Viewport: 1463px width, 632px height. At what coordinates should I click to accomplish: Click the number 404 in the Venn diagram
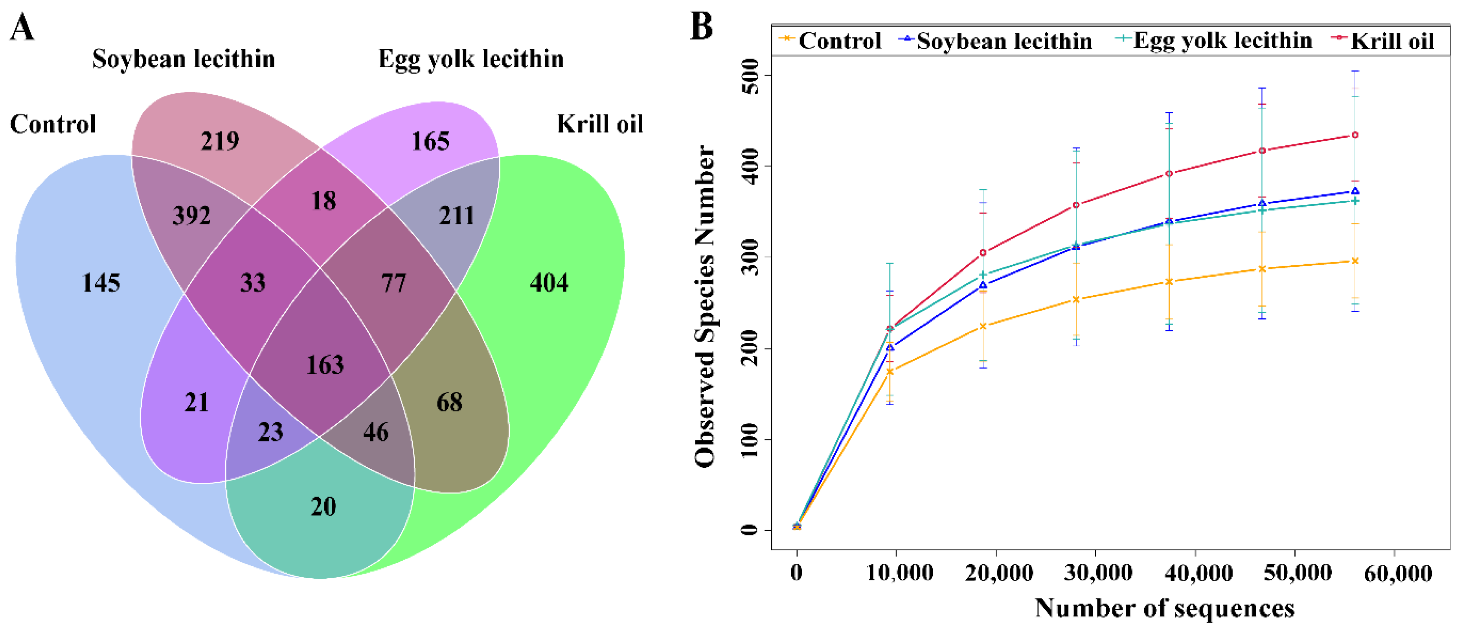[x=549, y=283]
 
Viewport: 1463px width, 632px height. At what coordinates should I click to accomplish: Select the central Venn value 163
[x=325, y=365]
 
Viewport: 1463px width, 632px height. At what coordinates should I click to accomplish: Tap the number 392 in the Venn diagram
[x=191, y=215]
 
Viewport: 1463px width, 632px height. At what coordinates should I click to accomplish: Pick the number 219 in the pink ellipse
[x=220, y=140]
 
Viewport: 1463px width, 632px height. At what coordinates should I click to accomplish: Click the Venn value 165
[x=430, y=141]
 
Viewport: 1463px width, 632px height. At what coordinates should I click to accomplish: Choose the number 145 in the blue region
[x=101, y=283]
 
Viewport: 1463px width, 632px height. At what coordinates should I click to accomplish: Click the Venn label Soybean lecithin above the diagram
[x=184, y=59]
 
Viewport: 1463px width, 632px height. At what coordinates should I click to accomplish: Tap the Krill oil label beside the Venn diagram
[x=600, y=124]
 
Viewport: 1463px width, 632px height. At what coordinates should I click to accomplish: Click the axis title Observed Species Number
[x=705, y=307]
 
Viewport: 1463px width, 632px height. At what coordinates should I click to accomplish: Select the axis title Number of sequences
[x=1164, y=608]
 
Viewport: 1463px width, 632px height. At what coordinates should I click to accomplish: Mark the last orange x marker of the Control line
[x=1355, y=261]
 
